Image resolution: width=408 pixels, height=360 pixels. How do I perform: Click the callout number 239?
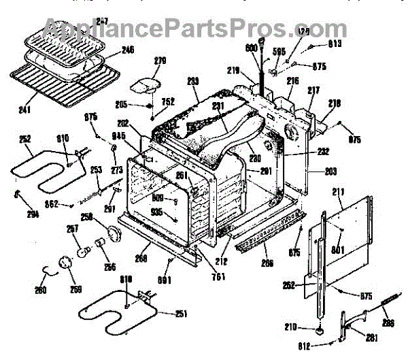click(x=192, y=81)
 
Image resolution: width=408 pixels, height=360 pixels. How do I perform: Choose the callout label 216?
click(x=292, y=81)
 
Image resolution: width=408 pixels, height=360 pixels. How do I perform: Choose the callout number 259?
click(x=75, y=289)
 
